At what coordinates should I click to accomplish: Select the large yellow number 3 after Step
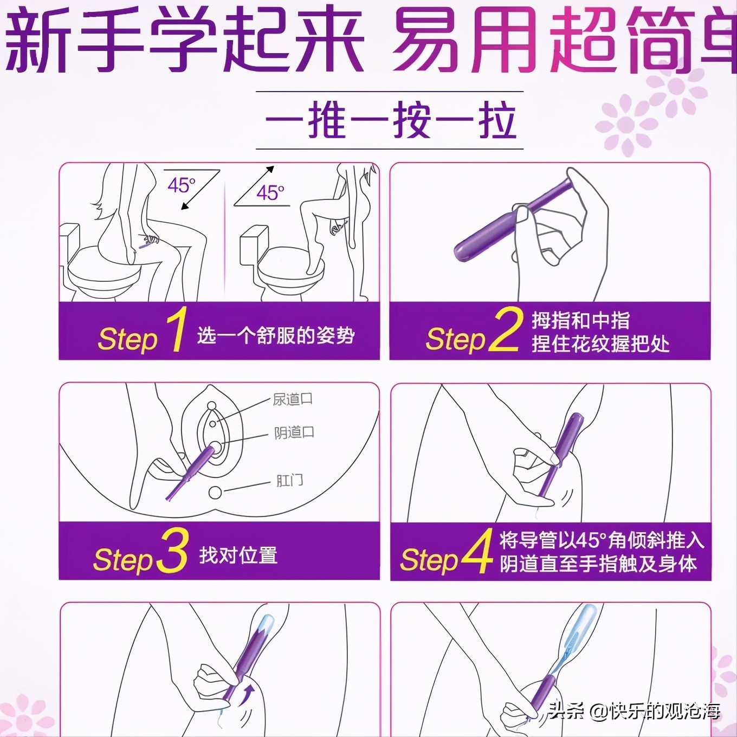[173, 551]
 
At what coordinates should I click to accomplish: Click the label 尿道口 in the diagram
[292, 400]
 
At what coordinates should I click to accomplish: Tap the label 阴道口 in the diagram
[294, 432]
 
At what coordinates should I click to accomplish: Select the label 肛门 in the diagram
[289, 480]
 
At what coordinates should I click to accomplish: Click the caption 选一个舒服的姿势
[276, 335]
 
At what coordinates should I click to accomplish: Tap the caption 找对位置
[238, 555]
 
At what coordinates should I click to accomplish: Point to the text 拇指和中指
[580, 320]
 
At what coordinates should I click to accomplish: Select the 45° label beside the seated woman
[181, 185]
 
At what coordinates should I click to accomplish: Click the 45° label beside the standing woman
[270, 193]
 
